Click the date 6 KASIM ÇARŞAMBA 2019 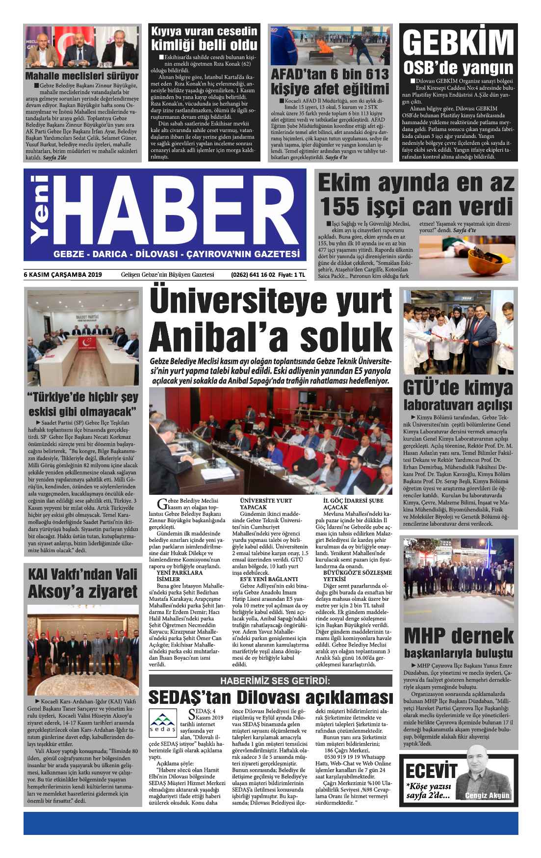coord(62,274)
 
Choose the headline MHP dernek coord(458,636)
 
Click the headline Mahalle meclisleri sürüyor coord(82,76)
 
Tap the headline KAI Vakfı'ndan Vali coord(82,574)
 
